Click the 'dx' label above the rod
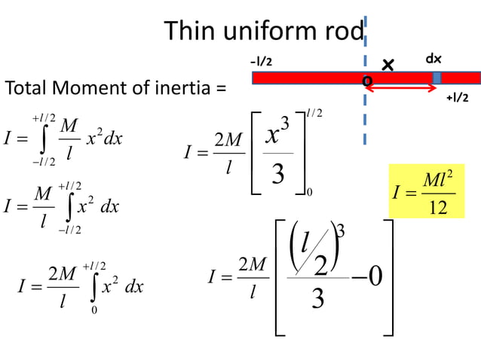434,58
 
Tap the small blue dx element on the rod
437,78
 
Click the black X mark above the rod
388,66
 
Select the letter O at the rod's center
367,81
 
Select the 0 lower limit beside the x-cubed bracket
310,194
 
